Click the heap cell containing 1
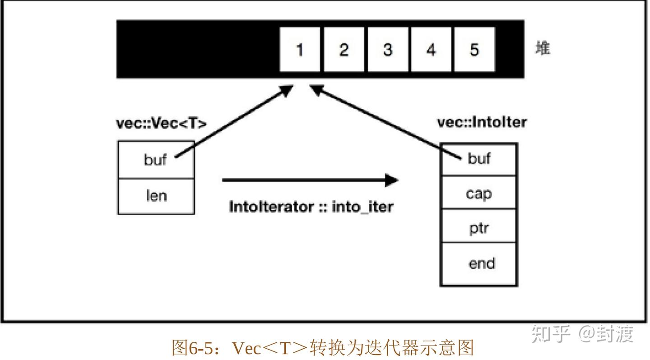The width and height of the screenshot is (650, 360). point(300,49)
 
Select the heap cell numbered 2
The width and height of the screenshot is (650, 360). point(344,49)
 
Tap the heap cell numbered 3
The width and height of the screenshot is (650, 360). point(387,49)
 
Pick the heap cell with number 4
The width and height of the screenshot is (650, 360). point(431,49)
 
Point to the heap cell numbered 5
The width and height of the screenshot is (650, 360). point(474,49)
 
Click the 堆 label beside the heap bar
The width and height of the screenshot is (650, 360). point(543,48)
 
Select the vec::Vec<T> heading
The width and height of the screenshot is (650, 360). point(161,124)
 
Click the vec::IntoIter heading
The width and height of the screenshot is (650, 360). point(482,122)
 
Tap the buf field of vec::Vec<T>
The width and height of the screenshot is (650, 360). point(156,160)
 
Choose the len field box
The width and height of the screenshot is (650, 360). point(156,196)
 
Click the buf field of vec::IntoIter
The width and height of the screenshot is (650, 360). point(479,159)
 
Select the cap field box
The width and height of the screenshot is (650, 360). point(479,193)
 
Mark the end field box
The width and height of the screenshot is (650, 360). point(479,264)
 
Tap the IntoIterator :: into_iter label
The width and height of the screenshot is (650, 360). point(311,207)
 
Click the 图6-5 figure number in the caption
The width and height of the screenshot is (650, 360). point(191,348)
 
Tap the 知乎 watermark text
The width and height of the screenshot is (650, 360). point(551,334)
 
